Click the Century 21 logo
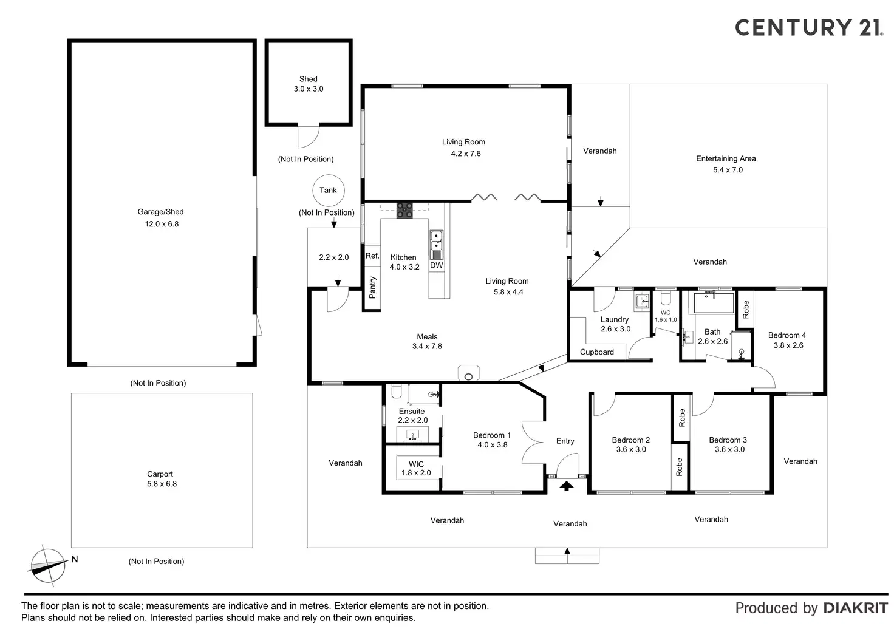(808, 27)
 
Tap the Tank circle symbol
(328, 190)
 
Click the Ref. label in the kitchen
(372, 256)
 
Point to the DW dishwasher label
(436, 265)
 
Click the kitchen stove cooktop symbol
(405, 210)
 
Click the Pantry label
(372, 287)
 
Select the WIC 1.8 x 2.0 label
(416, 468)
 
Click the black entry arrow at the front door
(566, 485)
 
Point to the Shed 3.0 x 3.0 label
(309, 84)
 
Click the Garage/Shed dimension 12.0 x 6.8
(162, 224)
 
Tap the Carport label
(160, 474)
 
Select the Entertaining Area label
(726, 159)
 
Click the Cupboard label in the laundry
(597, 352)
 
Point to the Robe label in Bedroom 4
(746, 309)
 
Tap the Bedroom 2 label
(631, 440)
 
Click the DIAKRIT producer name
(855, 608)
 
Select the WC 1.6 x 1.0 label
(666, 316)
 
